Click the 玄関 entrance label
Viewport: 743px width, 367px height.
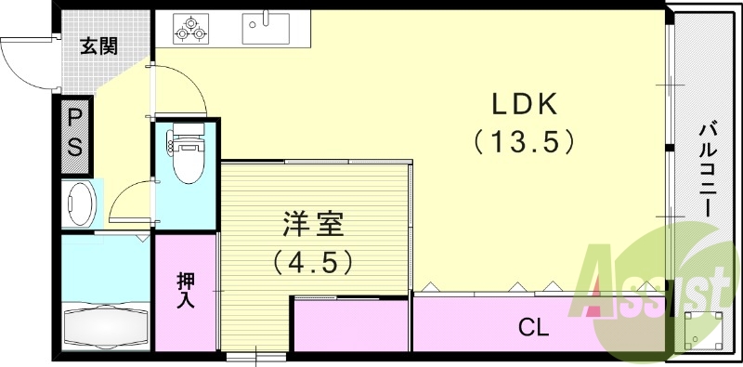click(x=98, y=46)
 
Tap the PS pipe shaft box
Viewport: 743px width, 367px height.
click(x=75, y=134)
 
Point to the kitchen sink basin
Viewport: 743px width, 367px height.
click(x=266, y=27)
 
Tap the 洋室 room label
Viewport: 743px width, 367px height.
click(x=313, y=225)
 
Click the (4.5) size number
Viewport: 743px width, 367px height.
click(x=313, y=263)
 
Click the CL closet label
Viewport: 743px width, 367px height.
click(x=533, y=327)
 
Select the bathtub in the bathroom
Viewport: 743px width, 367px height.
click(x=104, y=326)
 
